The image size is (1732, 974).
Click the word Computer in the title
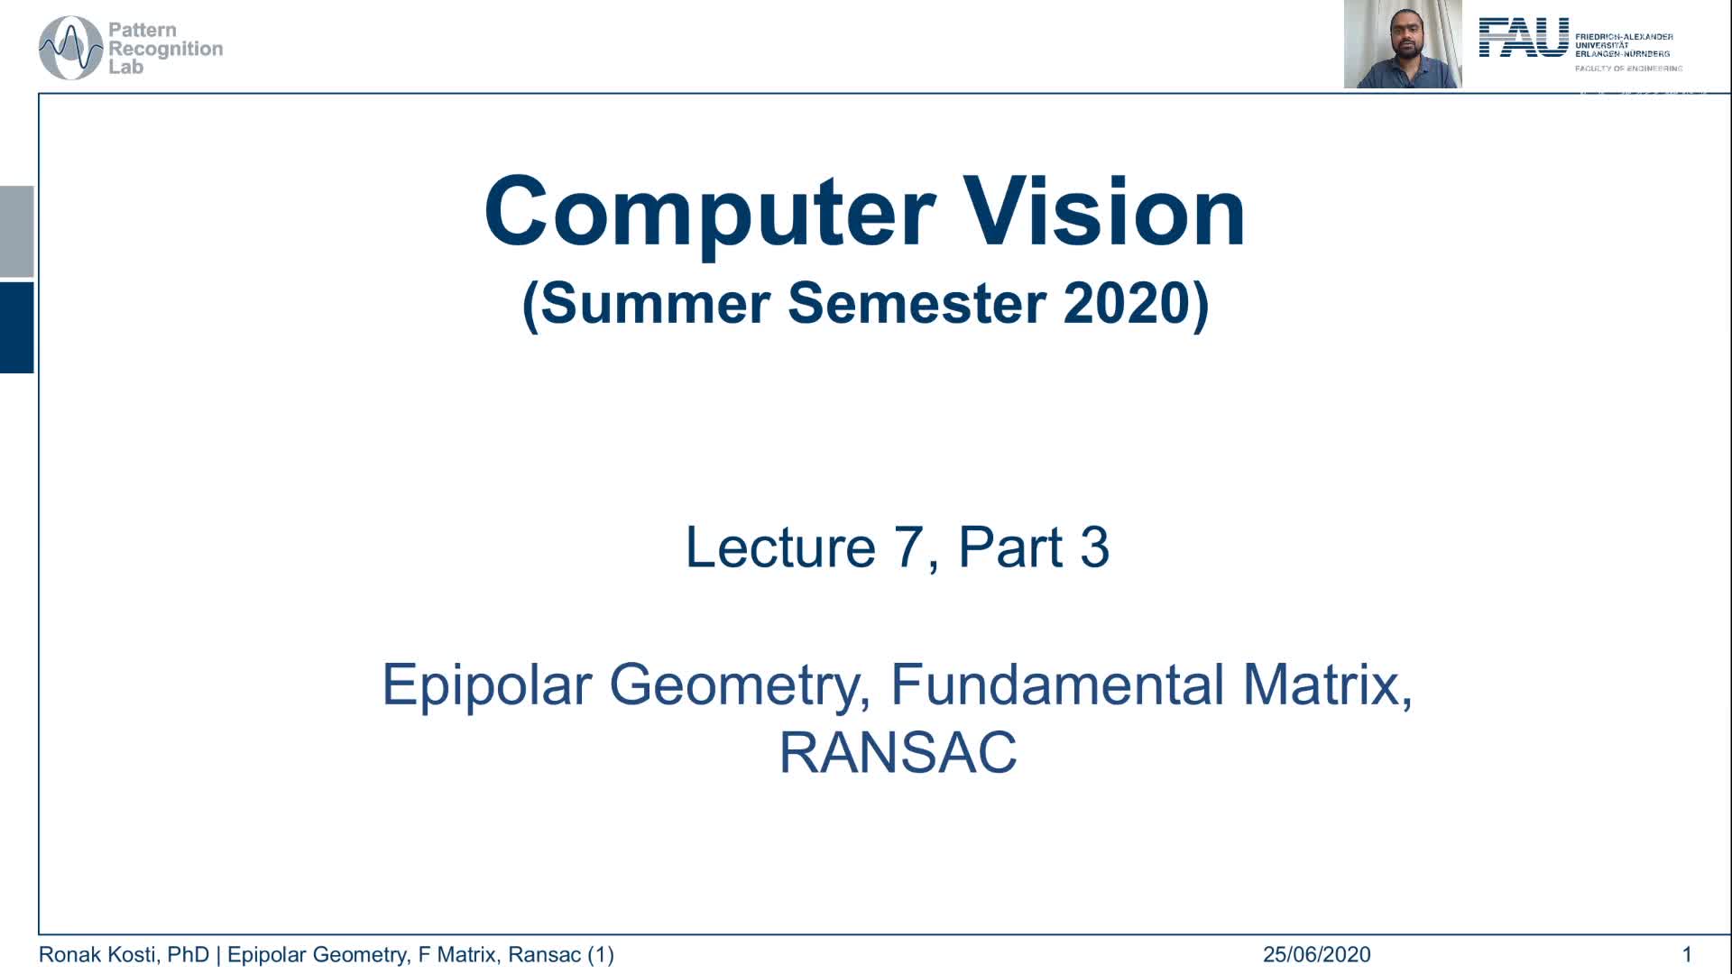tap(709, 213)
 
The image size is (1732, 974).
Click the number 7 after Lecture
tap(909, 547)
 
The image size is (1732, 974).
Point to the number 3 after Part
tap(1093, 547)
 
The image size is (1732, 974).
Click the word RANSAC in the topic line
tap(898, 752)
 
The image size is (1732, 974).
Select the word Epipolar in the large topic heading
tap(487, 685)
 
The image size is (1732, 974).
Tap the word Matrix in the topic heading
tap(1326, 685)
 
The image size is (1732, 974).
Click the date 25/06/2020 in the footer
tap(1316, 954)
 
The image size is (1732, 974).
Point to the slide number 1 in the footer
tap(1687, 954)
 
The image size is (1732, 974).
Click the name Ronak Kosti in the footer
tap(100, 954)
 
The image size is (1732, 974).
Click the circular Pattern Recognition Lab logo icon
tap(70, 48)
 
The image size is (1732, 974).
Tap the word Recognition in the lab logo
tap(165, 49)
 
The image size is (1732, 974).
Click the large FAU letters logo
tap(1524, 38)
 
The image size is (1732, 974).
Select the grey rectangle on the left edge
tap(16, 231)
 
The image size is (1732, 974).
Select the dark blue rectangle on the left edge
tap(16, 326)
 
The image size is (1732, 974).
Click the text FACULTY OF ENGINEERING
tap(1628, 69)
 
